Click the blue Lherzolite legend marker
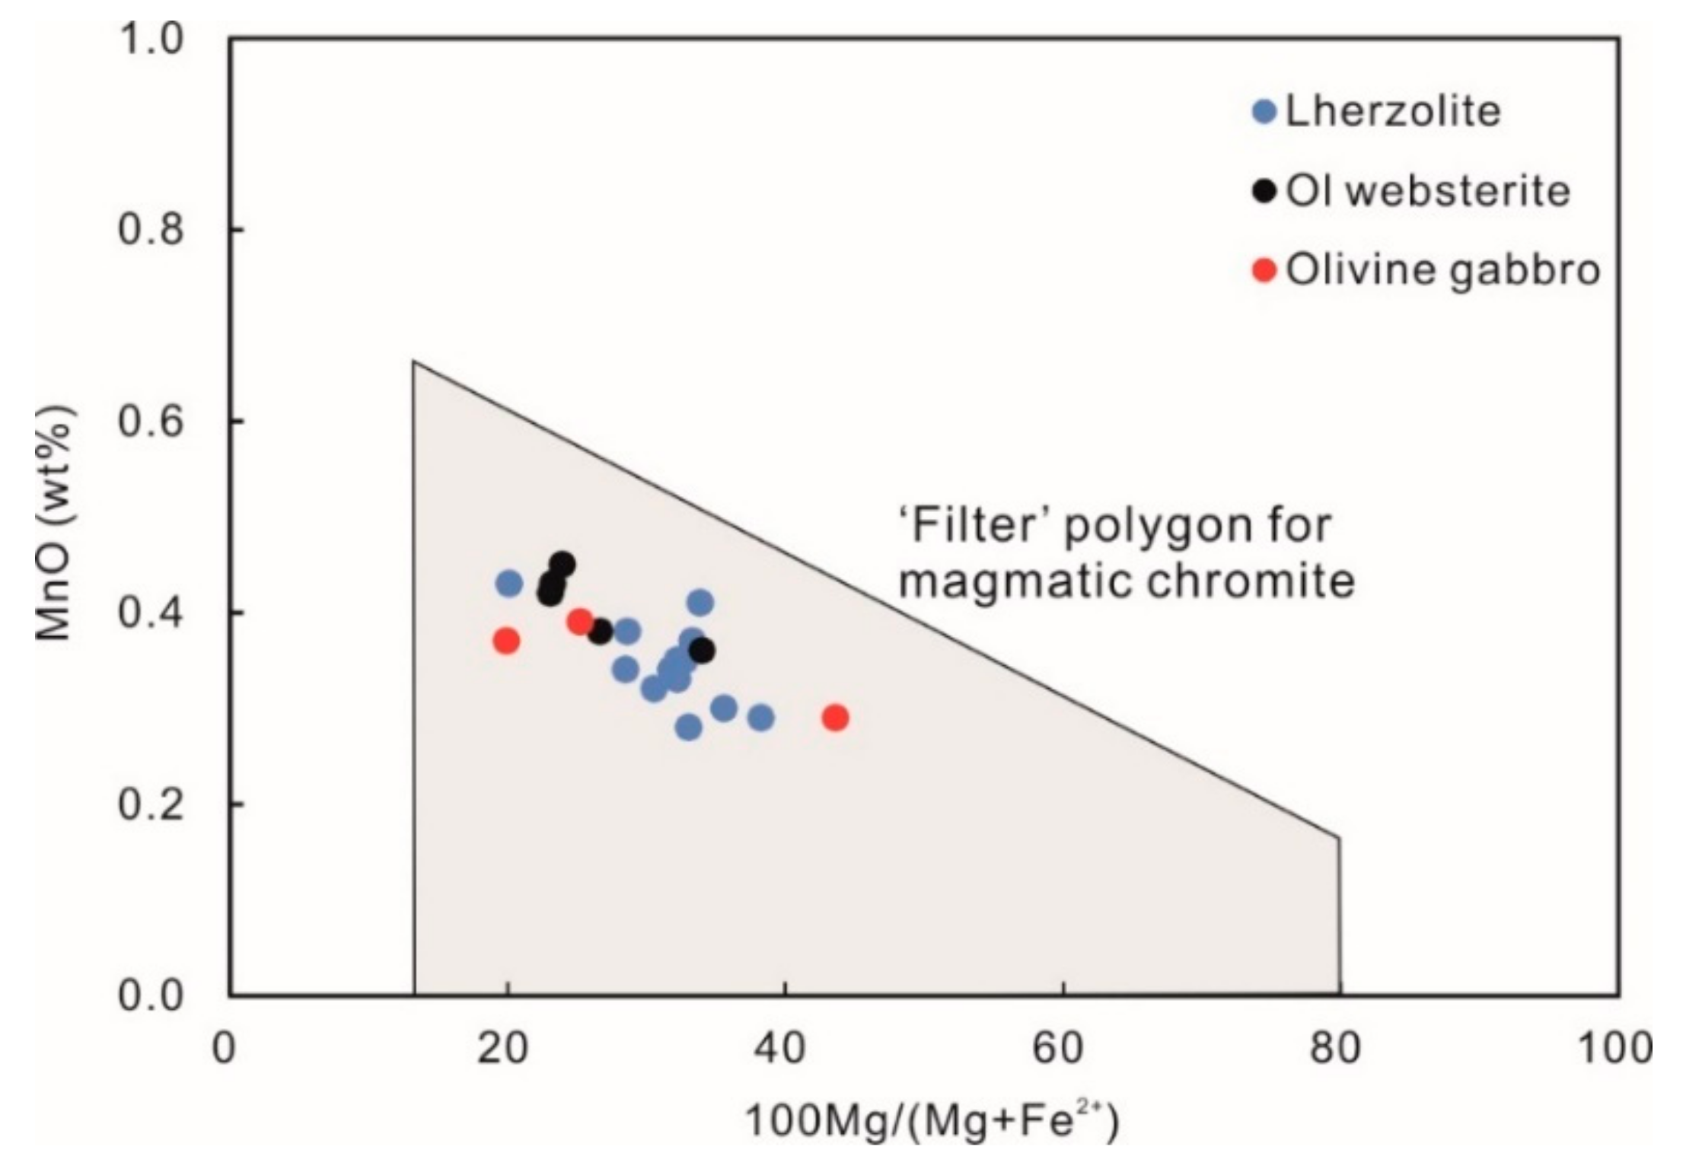click(1264, 113)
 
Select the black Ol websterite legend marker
click(1264, 191)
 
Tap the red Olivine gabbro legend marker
click(1264, 269)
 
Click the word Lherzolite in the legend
click(1393, 112)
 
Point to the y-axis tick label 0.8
click(151, 229)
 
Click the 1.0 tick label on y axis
click(151, 38)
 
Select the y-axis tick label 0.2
click(151, 804)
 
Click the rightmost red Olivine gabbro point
click(835, 717)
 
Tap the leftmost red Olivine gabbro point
click(506, 641)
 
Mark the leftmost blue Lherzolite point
click(509, 584)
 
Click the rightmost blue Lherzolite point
click(760, 717)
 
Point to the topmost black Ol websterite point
click(562, 565)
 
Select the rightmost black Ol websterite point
click(702, 651)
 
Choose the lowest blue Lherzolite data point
click(688, 728)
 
